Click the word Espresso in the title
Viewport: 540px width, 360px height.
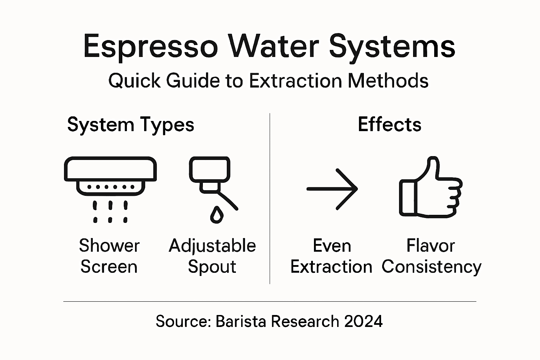tap(150, 46)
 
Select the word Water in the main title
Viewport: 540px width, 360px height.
tap(274, 46)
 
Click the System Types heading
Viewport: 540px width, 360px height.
tap(130, 125)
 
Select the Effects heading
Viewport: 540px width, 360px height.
tap(390, 124)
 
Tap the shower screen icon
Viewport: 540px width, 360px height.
tap(110, 183)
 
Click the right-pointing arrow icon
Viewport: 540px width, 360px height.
tap(332, 189)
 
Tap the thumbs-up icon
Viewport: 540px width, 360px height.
tap(430, 188)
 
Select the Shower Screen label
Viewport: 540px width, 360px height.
tap(109, 256)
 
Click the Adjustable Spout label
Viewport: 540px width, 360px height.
tap(212, 256)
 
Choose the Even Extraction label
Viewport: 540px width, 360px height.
tap(331, 256)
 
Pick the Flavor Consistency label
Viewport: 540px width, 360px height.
tap(431, 256)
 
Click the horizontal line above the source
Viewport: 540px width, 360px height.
tap(270, 301)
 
